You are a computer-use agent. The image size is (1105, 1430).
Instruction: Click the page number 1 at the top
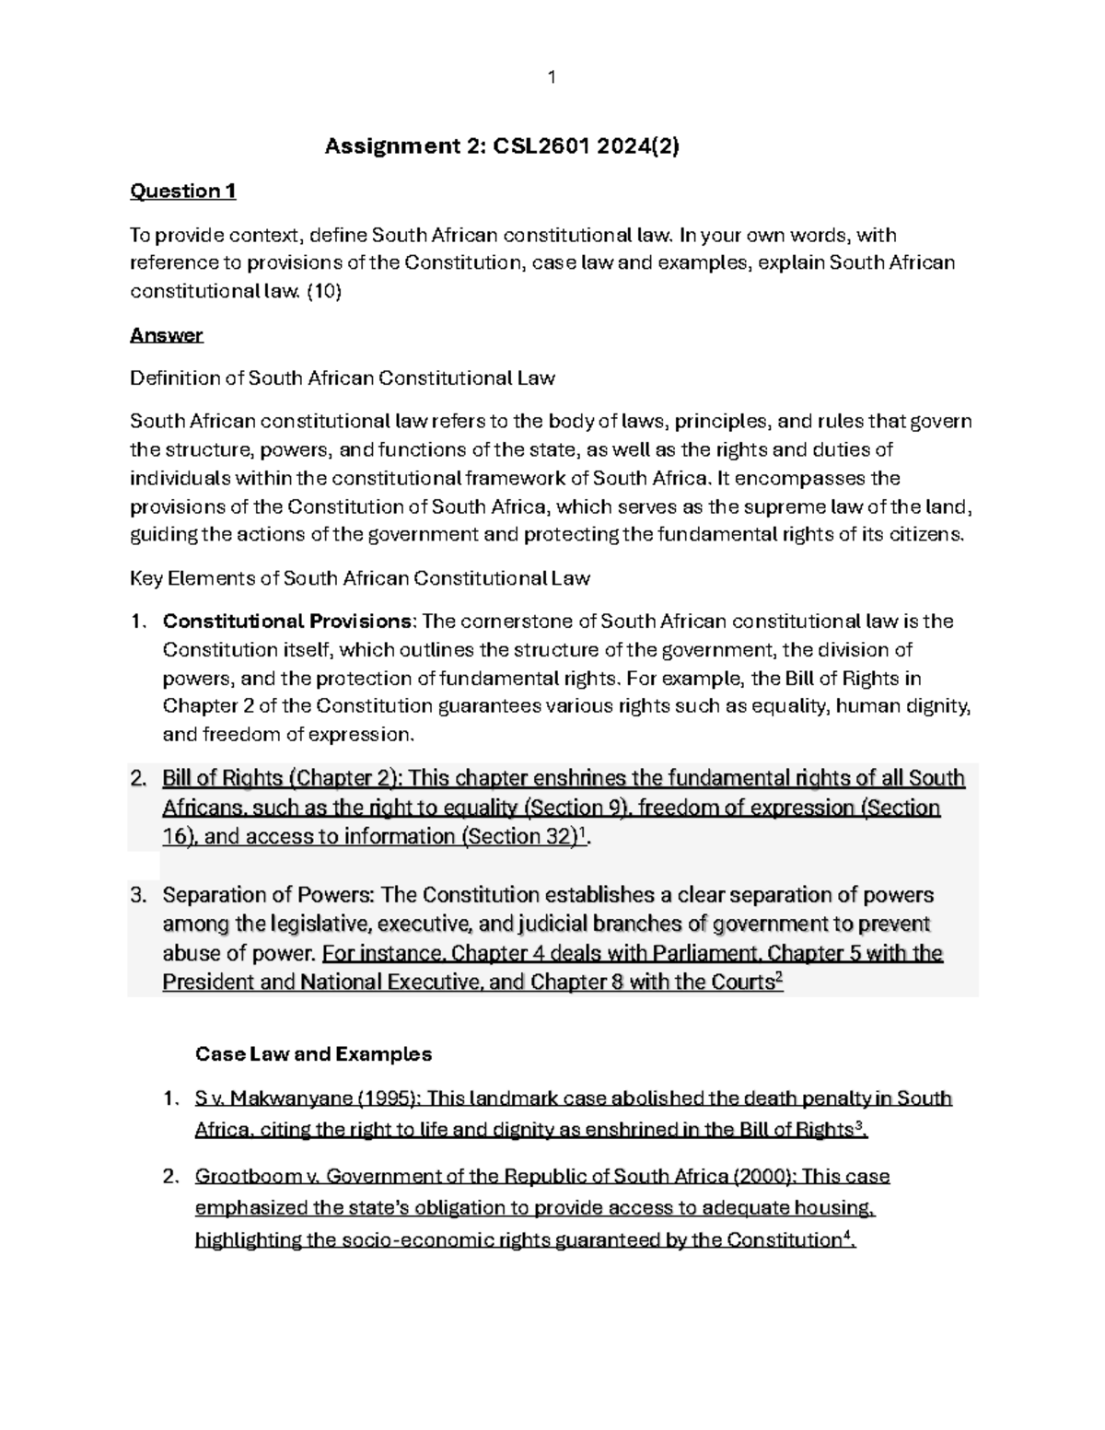point(552,77)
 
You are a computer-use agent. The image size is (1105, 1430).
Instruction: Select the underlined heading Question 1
point(183,192)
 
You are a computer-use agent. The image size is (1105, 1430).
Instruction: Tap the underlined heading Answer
point(166,335)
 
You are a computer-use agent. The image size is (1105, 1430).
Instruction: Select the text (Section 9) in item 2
point(576,808)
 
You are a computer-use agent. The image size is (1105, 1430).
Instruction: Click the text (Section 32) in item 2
point(520,837)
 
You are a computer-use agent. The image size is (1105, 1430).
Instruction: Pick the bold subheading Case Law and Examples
point(313,1054)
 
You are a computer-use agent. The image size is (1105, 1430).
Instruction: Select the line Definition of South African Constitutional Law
point(343,378)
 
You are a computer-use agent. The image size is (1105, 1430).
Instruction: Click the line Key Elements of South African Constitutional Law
point(360,579)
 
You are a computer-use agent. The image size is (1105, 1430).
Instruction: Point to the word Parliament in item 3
point(706,953)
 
